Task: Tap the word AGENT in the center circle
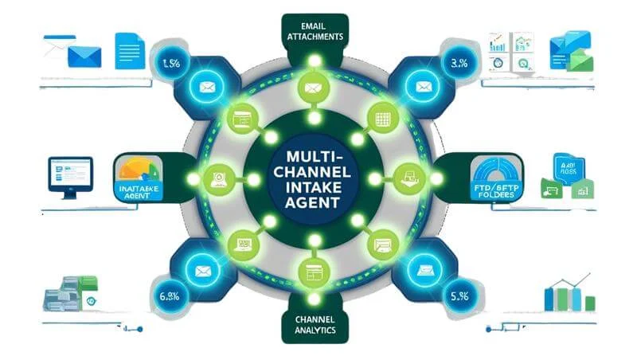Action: (x=314, y=202)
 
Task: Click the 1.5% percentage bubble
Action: (x=170, y=64)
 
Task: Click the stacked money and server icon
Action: (x=70, y=294)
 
